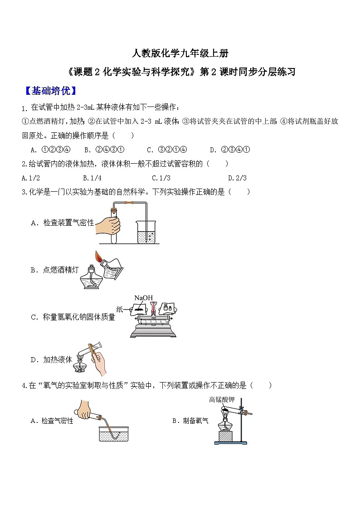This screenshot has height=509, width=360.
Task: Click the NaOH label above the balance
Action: click(x=143, y=298)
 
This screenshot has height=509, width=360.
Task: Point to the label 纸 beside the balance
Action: click(x=120, y=310)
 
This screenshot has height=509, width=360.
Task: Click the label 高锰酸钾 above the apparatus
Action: click(x=222, y=400)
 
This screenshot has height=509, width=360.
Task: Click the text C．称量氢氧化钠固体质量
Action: click(x=73, y=317)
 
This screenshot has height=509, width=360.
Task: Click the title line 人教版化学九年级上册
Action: click(x=180, y=53)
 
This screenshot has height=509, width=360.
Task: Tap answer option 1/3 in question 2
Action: click(x=161, y=178)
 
